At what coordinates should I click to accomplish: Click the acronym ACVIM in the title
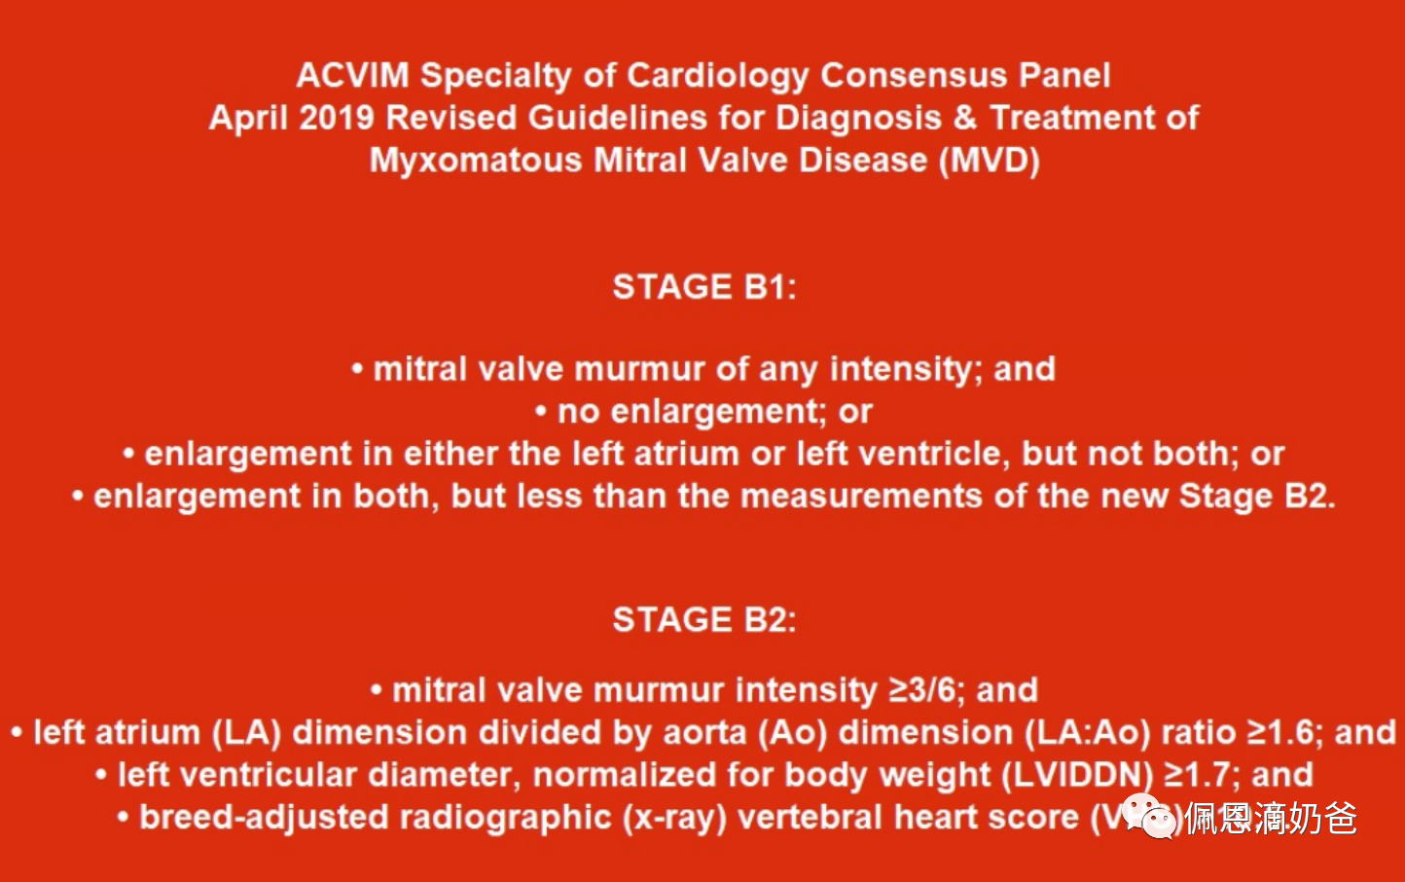[x=352, y=75]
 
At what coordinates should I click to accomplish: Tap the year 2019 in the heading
[x=337, y=118]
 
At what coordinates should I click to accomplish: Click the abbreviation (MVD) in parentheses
[x=990, y=161]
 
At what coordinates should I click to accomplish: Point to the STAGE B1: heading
[x=704, y=287]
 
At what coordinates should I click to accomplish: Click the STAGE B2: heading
[x=704, y=619]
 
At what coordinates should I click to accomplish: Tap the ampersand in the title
[x=964, y=118]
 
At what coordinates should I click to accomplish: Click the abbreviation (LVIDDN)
[x=1077, y=775]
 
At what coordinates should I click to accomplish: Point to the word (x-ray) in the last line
[x=674, y=818]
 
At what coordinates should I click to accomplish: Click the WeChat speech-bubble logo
[x=1150, y=816]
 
